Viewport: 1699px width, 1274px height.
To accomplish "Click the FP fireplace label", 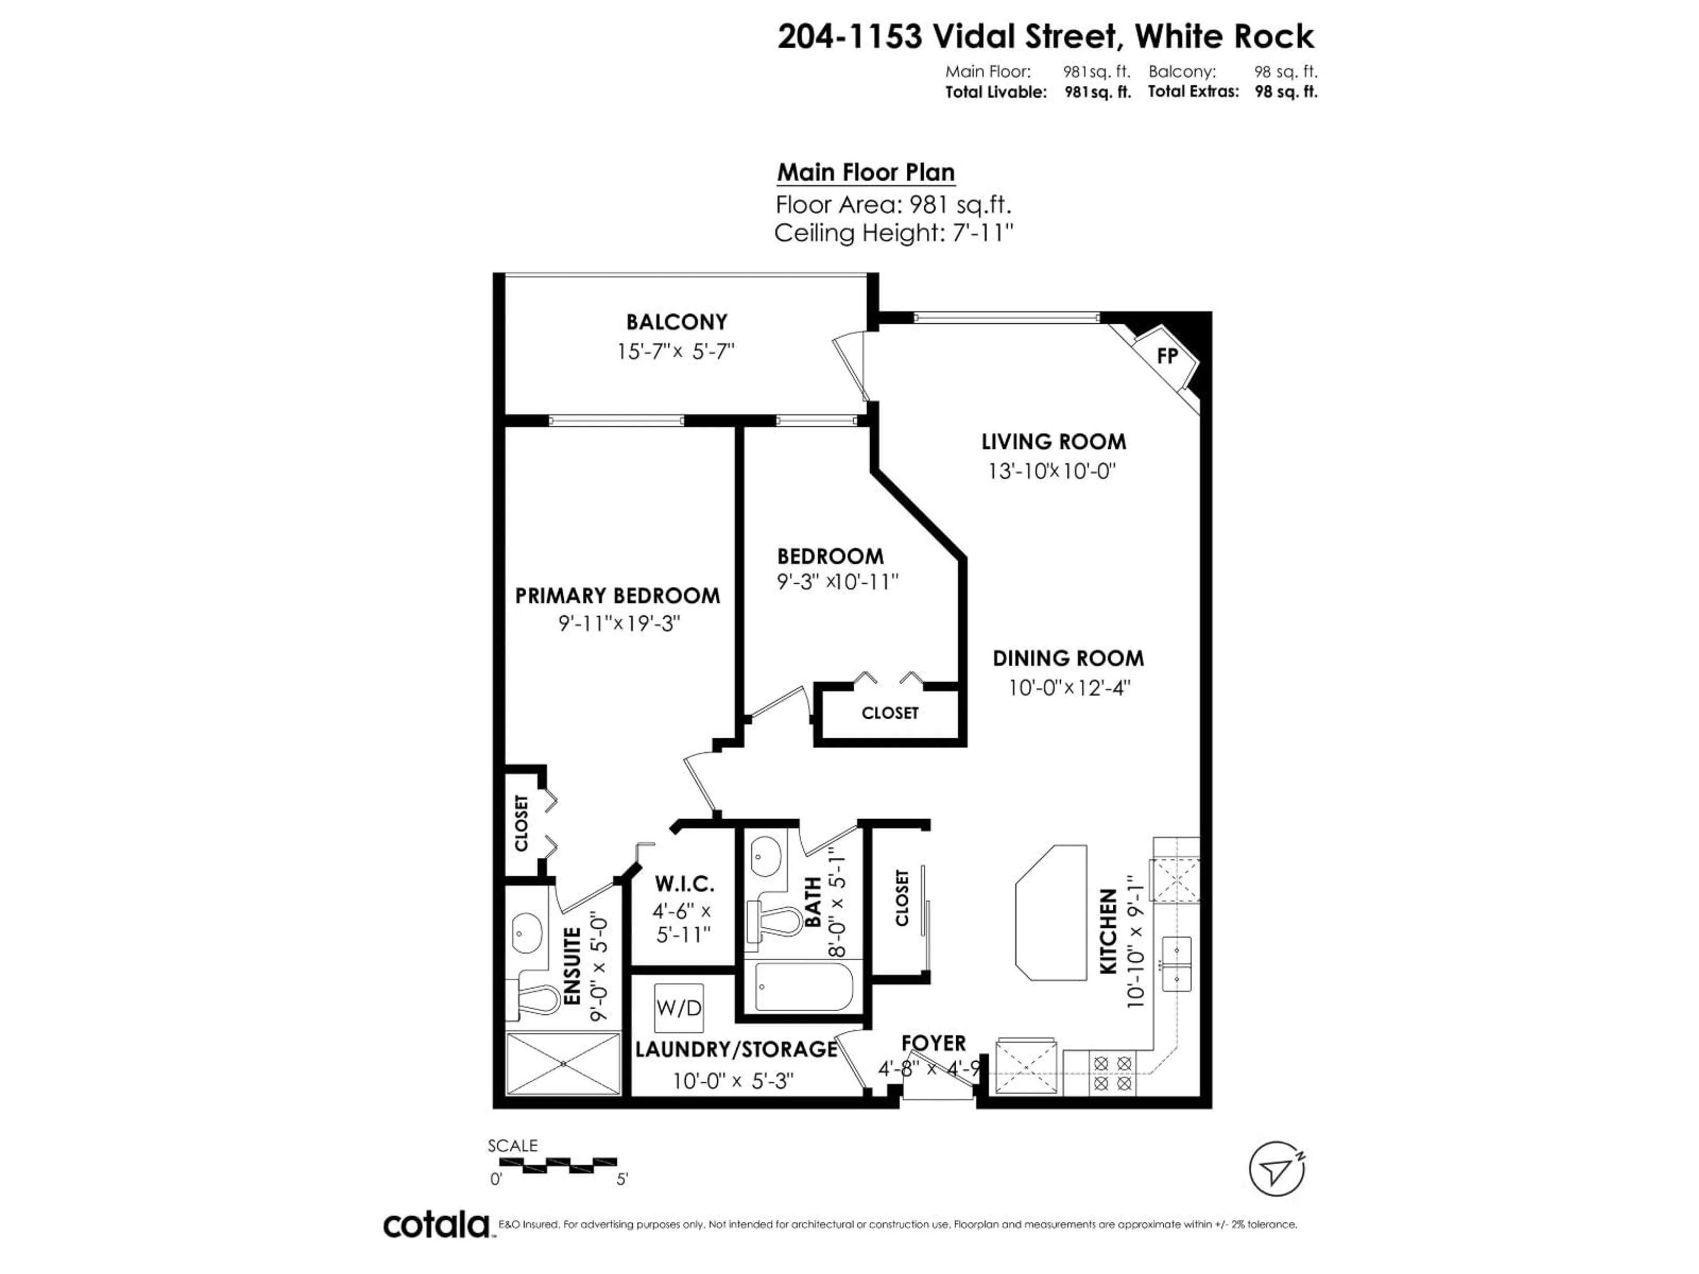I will point(1167,356).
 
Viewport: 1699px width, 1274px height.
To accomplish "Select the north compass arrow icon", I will point(1276,1169).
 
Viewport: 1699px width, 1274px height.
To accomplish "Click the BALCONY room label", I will point(676,322).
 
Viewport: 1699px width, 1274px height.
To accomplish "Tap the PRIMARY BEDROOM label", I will point(618,596).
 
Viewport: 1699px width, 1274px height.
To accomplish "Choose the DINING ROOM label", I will point(1068,658).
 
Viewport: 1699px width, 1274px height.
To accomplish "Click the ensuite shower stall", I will point(564,1063).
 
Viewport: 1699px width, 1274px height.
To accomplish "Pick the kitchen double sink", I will point(1176,964).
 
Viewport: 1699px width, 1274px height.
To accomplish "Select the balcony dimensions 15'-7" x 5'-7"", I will point(676,352).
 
